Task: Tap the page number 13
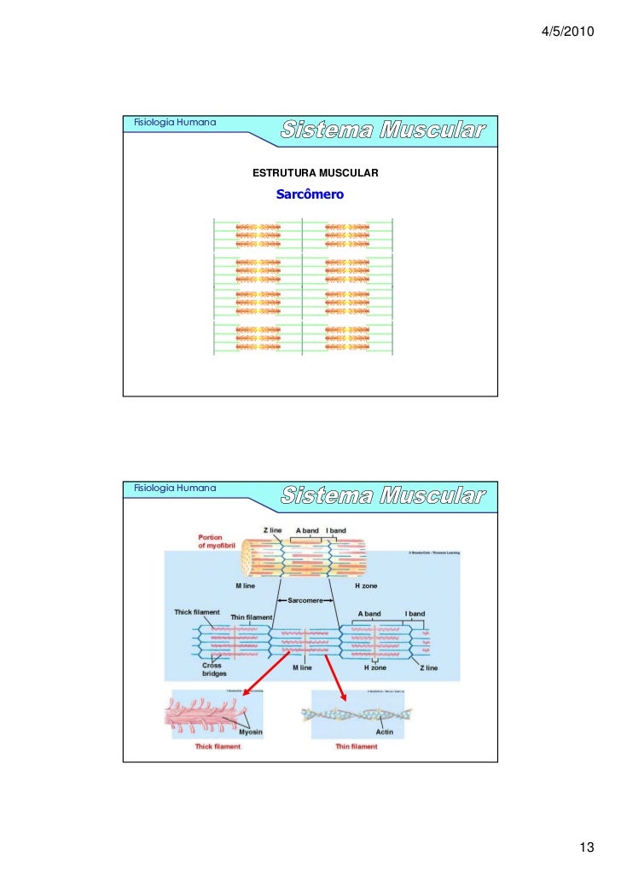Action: pos(586,847)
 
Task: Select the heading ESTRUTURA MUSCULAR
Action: pos(316,174)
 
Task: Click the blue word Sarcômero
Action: pos(310,194)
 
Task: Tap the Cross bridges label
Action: pos(214,668)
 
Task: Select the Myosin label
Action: pos(250,731)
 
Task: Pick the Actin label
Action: pos(384,731)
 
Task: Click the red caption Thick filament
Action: pos(218,746)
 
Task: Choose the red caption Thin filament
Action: pos(356,746)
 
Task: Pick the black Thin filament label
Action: pos(251,617)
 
